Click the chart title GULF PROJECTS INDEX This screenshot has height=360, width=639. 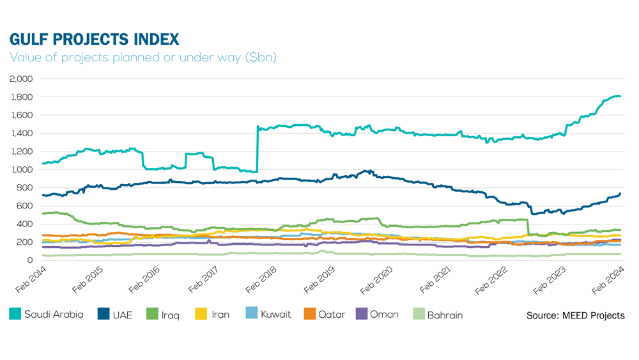95,40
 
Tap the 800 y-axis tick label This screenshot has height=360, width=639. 25,187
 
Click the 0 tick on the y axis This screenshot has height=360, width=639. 30,260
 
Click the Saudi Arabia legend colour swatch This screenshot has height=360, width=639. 15,314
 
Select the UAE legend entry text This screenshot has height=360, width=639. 123,315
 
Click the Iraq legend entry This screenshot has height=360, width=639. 171,315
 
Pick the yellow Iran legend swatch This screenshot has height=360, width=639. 200,314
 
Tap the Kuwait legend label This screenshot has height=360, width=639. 275,315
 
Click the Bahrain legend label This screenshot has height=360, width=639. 445,315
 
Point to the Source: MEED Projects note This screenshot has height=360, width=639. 575,315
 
